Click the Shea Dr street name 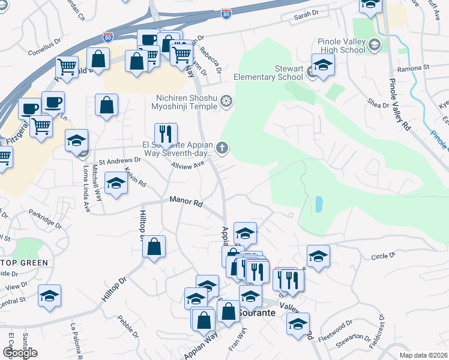[378, 104]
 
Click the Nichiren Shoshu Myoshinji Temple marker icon [226, 100]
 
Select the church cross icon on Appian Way [222, 147]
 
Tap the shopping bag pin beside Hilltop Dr [154, 246]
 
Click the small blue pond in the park [318, 205]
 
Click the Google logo [20, 353]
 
